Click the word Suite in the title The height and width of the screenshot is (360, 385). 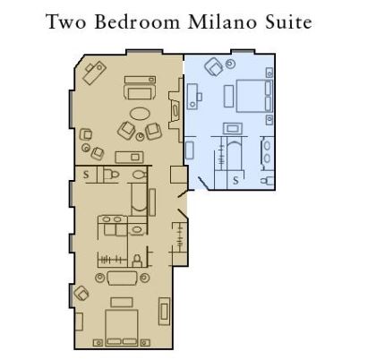pos(288,22)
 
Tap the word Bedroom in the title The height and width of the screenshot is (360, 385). pos(137,22)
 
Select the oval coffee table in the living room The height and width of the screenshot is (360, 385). pos(140,114)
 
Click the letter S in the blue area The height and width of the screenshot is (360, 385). pos(235,180)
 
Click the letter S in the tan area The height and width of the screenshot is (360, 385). pos(86,175)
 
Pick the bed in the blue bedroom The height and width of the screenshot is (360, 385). pos(254,96)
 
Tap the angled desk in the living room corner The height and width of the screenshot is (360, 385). pos(94,72)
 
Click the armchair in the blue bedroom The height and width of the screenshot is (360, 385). pos(214,66)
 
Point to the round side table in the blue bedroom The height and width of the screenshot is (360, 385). pos(230,64)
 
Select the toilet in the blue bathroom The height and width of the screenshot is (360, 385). pos(267,180)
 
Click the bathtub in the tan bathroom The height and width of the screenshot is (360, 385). pos(139,199)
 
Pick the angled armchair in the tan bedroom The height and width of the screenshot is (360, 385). pos(81,293)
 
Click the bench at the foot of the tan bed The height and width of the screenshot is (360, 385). pos(122,302)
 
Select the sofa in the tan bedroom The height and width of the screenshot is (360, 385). pos(122,279)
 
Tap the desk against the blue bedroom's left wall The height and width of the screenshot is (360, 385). pos(192,96)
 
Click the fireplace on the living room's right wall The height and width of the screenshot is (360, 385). pos(175,110)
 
